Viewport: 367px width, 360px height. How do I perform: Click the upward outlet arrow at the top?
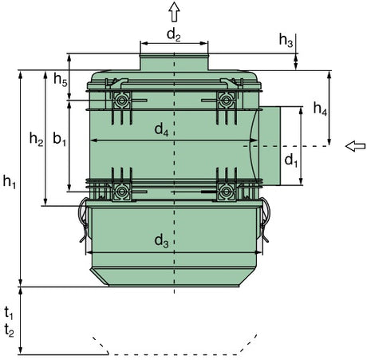tap(174, 11)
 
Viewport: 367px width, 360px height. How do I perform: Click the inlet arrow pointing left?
tap(355, 146)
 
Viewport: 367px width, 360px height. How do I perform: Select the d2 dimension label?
tap(173, 35)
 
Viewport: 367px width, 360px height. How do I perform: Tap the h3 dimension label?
tap(286, 40)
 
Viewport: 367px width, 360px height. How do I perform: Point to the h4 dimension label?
tap(320, 109)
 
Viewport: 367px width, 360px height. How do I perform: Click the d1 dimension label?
tap(291, 160)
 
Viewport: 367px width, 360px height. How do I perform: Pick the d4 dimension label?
tap(161, 130)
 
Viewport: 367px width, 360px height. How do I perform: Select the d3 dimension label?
tap(161, 241)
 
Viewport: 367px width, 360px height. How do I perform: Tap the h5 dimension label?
tap(61, 79)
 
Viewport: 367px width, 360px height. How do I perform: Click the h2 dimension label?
tap(36, 139)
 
